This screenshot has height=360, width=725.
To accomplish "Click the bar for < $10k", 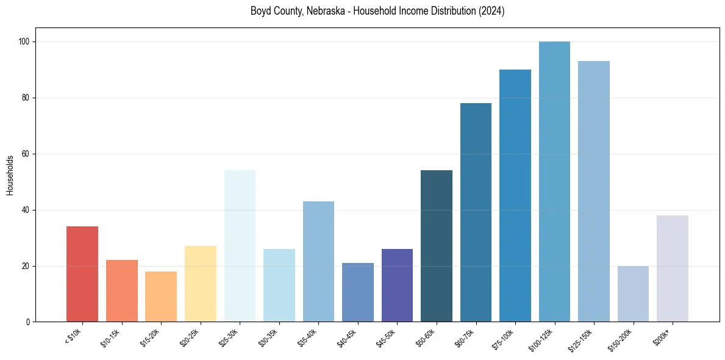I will (82, 274).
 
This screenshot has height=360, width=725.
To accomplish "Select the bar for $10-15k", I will (121, 291).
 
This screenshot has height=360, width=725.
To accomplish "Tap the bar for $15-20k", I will (161, 297).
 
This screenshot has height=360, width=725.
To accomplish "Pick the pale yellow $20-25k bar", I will (200, 284).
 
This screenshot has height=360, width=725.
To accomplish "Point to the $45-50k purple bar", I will (397, 286).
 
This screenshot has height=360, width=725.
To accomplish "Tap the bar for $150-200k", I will (633, 293).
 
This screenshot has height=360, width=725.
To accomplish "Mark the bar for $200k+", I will (673, 268).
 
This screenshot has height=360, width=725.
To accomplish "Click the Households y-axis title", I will (10, 175).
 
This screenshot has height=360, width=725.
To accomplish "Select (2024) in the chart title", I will (493, 11).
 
